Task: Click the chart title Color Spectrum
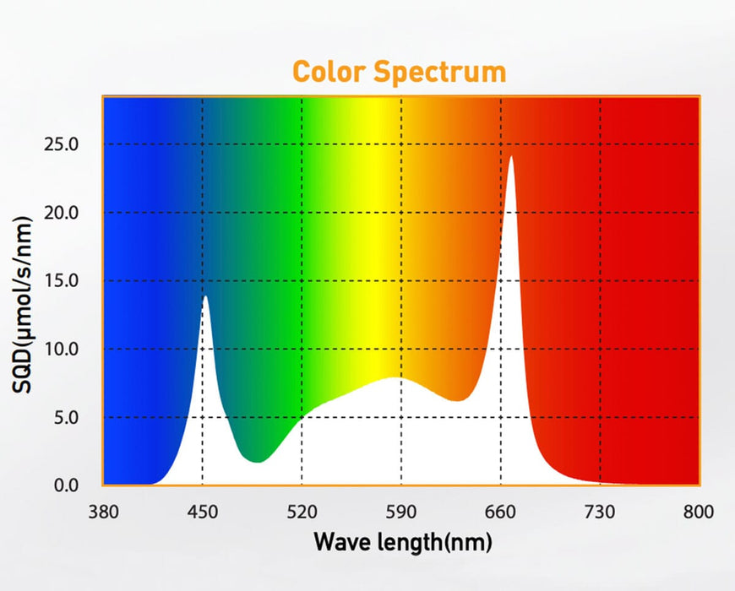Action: click(x=399, y=72)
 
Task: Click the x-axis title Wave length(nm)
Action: click(x=402, y=542)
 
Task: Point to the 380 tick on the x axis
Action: click(x=103, y=512)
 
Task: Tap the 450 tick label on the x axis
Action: click(x=202, y=512)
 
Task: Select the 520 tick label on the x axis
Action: click(x=302, y=512)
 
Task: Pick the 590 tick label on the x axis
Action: click(x=401, y=512)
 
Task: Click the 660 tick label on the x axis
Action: click(x=500, y=512)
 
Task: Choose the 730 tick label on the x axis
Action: click(x=600, y=512)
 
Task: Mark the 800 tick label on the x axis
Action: click(x=698, y=512)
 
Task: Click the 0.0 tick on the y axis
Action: click(x=67, y=485)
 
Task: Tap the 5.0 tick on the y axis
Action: click(x=67, y=417)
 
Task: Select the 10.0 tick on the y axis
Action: click(x=63, y=349)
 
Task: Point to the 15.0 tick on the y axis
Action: click(x=63, y=280)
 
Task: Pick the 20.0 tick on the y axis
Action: click(x=63, y=212)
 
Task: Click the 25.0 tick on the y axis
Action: click(x=63, y=144)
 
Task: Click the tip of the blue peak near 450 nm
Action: click(x=204, y=296)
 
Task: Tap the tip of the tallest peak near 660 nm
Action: click(x=510, y=156)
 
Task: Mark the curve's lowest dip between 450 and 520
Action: click(x=258, y=462)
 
